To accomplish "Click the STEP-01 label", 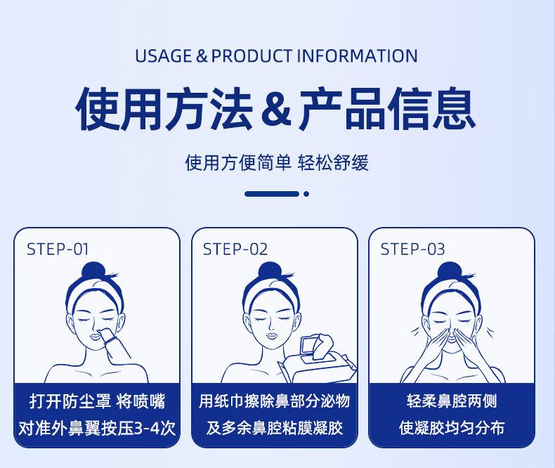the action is pos(58,249).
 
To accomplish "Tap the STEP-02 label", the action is pos(235,249).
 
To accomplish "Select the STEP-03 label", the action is pos(412,249).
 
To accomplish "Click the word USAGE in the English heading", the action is pos(163,56).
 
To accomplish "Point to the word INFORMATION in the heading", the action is pos(358,56).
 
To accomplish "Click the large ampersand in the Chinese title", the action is pos(276,109).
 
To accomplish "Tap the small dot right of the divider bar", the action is pos(306,194).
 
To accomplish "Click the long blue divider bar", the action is pos(272,194).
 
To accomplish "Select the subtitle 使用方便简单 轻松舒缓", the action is pos(277,163).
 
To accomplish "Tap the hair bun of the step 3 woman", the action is pos(449,272).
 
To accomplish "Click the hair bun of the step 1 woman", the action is pos(93,272).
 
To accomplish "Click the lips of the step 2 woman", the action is pos(270,335).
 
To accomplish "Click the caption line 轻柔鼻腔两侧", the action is pos(452,401).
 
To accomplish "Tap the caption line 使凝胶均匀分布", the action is pos(452,428).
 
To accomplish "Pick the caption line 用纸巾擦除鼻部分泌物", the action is pos(274,401).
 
